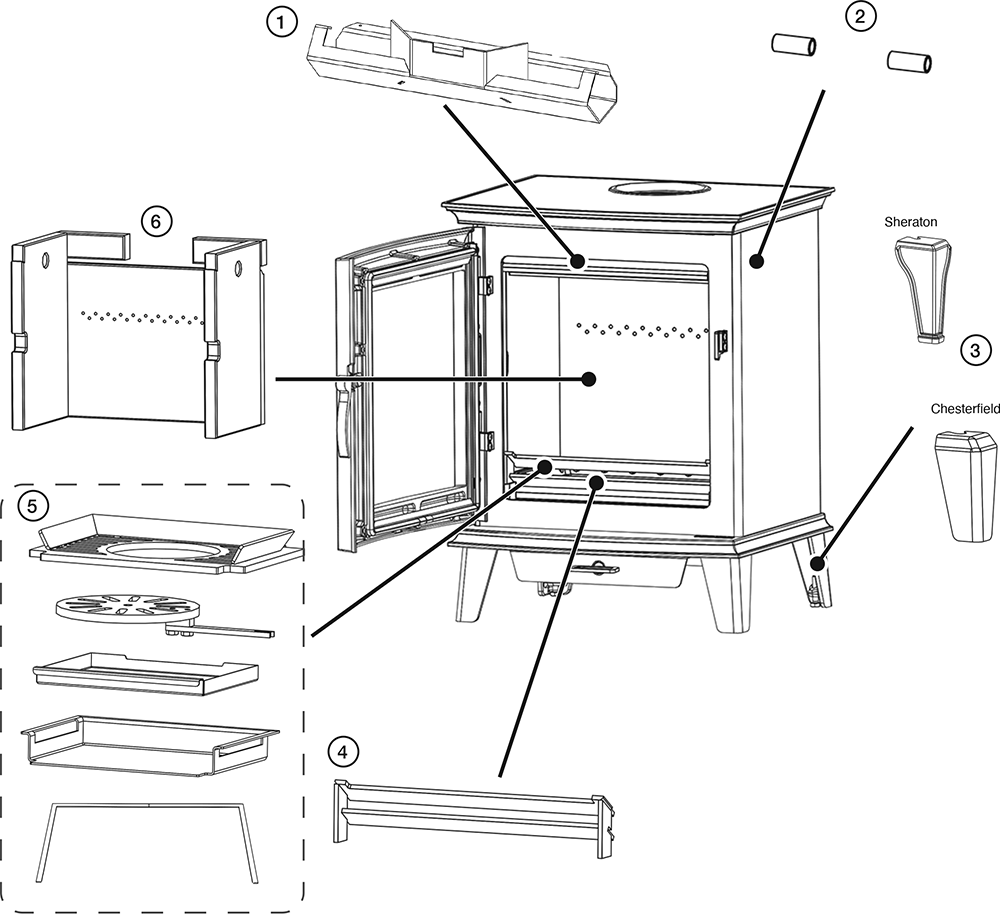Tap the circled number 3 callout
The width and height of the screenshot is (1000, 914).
tap(975, 350)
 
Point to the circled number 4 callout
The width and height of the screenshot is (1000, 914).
tap(343, 752)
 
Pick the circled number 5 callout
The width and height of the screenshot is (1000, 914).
tap(32, 506)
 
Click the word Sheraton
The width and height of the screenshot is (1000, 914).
tap(910, 221)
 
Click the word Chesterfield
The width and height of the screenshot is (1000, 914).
tap(965, 409)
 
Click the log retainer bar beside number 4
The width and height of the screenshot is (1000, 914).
tap(470, 809)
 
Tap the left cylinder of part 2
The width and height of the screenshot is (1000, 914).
tap(793, 46)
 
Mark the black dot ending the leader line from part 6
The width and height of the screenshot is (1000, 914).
tap(589, 379)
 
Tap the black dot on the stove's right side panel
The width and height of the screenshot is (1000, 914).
tap(757, 262)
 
